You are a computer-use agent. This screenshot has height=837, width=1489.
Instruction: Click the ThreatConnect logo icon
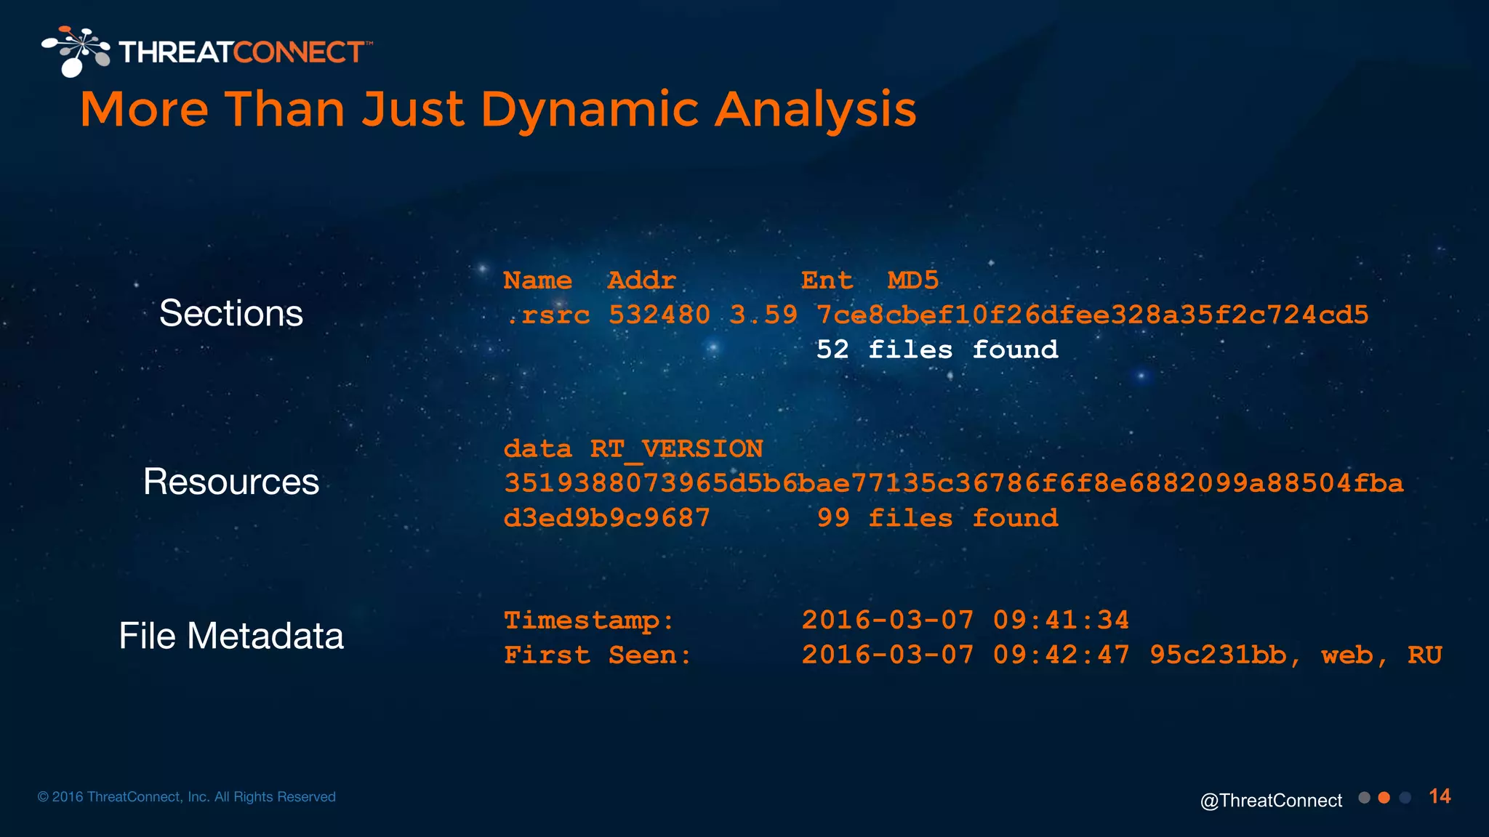76,51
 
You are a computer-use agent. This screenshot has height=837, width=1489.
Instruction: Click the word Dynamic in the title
590,110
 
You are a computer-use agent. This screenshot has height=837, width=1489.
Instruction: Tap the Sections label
231,314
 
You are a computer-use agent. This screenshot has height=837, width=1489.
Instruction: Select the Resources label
231,482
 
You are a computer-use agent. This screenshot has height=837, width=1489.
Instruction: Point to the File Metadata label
231,636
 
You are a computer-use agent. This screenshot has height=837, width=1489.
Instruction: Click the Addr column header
641,280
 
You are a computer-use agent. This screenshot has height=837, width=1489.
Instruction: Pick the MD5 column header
912,280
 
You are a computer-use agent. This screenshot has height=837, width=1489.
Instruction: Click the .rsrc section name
547,315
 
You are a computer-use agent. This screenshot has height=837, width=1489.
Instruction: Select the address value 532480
659,315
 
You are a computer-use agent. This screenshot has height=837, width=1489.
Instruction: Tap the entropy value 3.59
763,315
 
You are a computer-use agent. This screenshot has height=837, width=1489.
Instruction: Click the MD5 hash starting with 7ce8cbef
1092,315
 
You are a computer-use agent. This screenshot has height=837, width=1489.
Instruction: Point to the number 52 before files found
832,350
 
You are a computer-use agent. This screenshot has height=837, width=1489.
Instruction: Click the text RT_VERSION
676,449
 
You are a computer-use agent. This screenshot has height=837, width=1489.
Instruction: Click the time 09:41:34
1061,620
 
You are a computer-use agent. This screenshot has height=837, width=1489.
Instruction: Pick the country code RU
1424,655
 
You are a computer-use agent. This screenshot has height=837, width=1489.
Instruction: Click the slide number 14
1440,796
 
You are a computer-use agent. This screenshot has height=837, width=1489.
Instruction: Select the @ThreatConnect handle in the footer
1271,801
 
